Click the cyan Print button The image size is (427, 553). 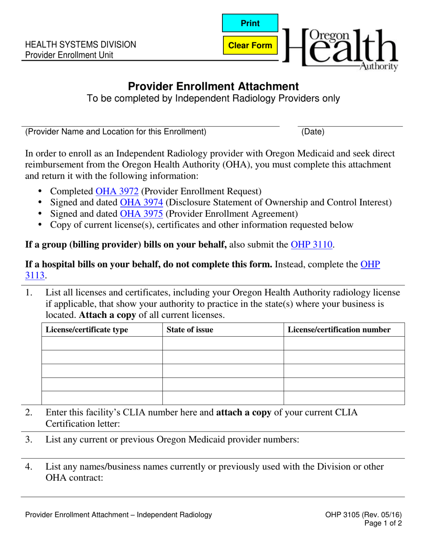point(250,23)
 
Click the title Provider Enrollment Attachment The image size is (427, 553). point(213,86)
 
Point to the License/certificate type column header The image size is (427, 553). point(87,330)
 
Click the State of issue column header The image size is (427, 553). point(190,330)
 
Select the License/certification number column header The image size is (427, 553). point(339,330)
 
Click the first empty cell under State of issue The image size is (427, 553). point(222,343)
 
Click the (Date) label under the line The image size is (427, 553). point(313,132)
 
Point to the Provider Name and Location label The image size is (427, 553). point(116,132)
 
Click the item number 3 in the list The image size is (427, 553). point(29,439)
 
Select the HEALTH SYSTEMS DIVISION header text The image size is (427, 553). point(80,45)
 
